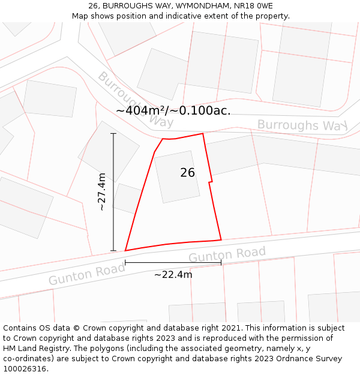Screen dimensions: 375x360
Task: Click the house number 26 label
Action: tap(187, 173)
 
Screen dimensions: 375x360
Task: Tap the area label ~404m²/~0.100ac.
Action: tap(173, 110)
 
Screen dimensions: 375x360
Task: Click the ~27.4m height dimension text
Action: tap(102, 191)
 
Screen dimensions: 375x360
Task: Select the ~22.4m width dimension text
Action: tap(173, 275)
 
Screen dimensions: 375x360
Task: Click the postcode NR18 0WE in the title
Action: tap(251, 6)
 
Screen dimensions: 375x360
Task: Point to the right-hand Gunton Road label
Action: tap(227, 254)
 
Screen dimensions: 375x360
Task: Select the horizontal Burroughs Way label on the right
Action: tap(302, 125)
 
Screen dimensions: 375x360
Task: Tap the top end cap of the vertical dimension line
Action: tap(113, 133)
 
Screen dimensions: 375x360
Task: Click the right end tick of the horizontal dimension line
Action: tap(221, 262)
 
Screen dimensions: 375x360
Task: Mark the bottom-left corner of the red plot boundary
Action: tap(125, 250)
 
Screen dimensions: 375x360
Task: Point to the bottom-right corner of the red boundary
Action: tap(221, 239)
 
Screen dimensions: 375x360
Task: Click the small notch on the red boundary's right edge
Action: tap(211, 181)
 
